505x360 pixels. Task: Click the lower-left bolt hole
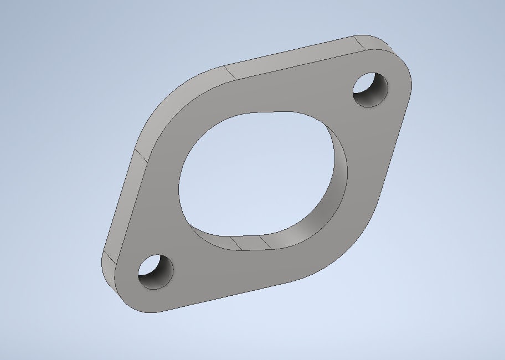(x=154, y=271)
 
